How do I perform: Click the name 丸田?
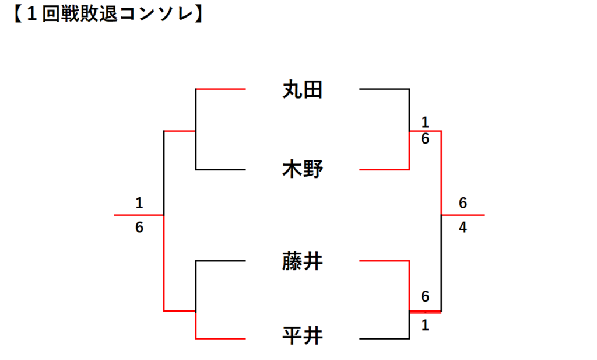(x=303, y=90)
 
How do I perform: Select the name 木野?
(x=303, y=169)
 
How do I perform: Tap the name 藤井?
(x=303, y=261)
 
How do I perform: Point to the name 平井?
(x=303, y=335)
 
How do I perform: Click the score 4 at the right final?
(x=462, y=228)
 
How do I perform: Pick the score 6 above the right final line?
(x=462, y=203)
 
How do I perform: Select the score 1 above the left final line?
(x=139, y=203)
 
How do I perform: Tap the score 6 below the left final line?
(x=139, y=228)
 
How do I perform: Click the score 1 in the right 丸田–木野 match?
(x=425, y=123)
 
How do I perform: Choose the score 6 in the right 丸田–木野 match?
(x=425, y=139)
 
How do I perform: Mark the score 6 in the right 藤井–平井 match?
(x=425, y=296)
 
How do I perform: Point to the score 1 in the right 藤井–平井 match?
(x=425, y=326)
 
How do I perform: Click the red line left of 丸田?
(x=221, y=89)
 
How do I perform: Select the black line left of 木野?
(x=221, y=170)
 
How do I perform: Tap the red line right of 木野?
(x=384, y=170)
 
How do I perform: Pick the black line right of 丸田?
(x=384, y=89)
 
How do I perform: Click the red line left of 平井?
(x=221, y=338)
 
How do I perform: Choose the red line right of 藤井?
(x=384, y=261)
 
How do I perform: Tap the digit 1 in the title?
(x=32, y=15)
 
